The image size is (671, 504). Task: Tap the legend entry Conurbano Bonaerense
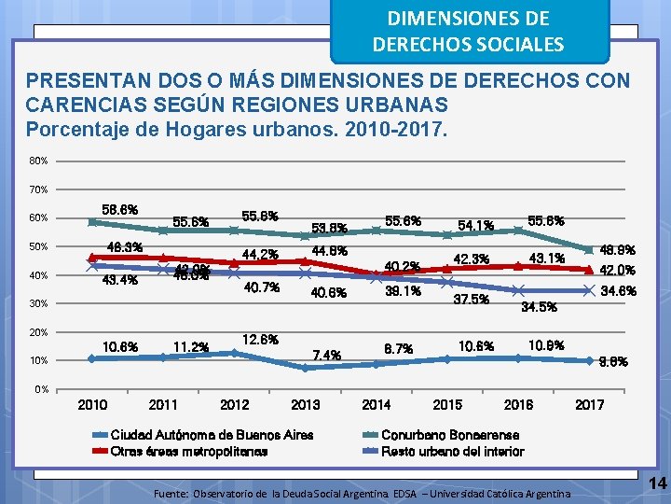(436, 435)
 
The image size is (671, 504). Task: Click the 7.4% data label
(327, 355)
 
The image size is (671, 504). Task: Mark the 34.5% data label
(539, 306)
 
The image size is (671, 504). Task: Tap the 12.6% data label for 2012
(260, 339)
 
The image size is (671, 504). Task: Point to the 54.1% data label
(475, 225)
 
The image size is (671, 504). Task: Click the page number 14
(657, 483)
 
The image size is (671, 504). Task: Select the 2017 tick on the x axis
(589, 404)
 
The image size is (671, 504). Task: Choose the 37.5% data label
(472, 299)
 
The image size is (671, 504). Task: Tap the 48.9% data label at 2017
(618, 250)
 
